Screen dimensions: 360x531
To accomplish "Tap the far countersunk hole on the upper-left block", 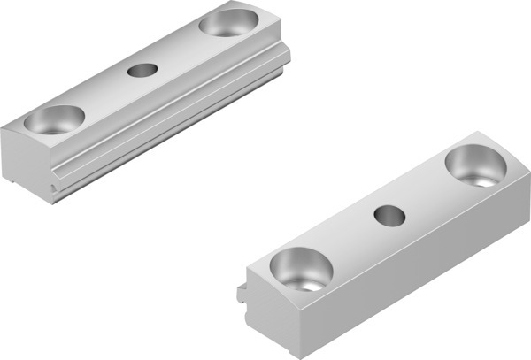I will point(228,22).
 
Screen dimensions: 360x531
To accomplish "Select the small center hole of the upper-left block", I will point(142,70).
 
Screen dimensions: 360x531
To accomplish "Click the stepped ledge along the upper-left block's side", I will point(177,111).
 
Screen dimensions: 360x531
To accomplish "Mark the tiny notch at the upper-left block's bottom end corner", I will point(56,188).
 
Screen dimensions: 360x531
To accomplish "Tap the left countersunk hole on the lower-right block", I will point(300,269).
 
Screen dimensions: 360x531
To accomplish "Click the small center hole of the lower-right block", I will point(388,215).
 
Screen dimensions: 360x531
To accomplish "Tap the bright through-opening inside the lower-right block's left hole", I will point(306,283).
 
